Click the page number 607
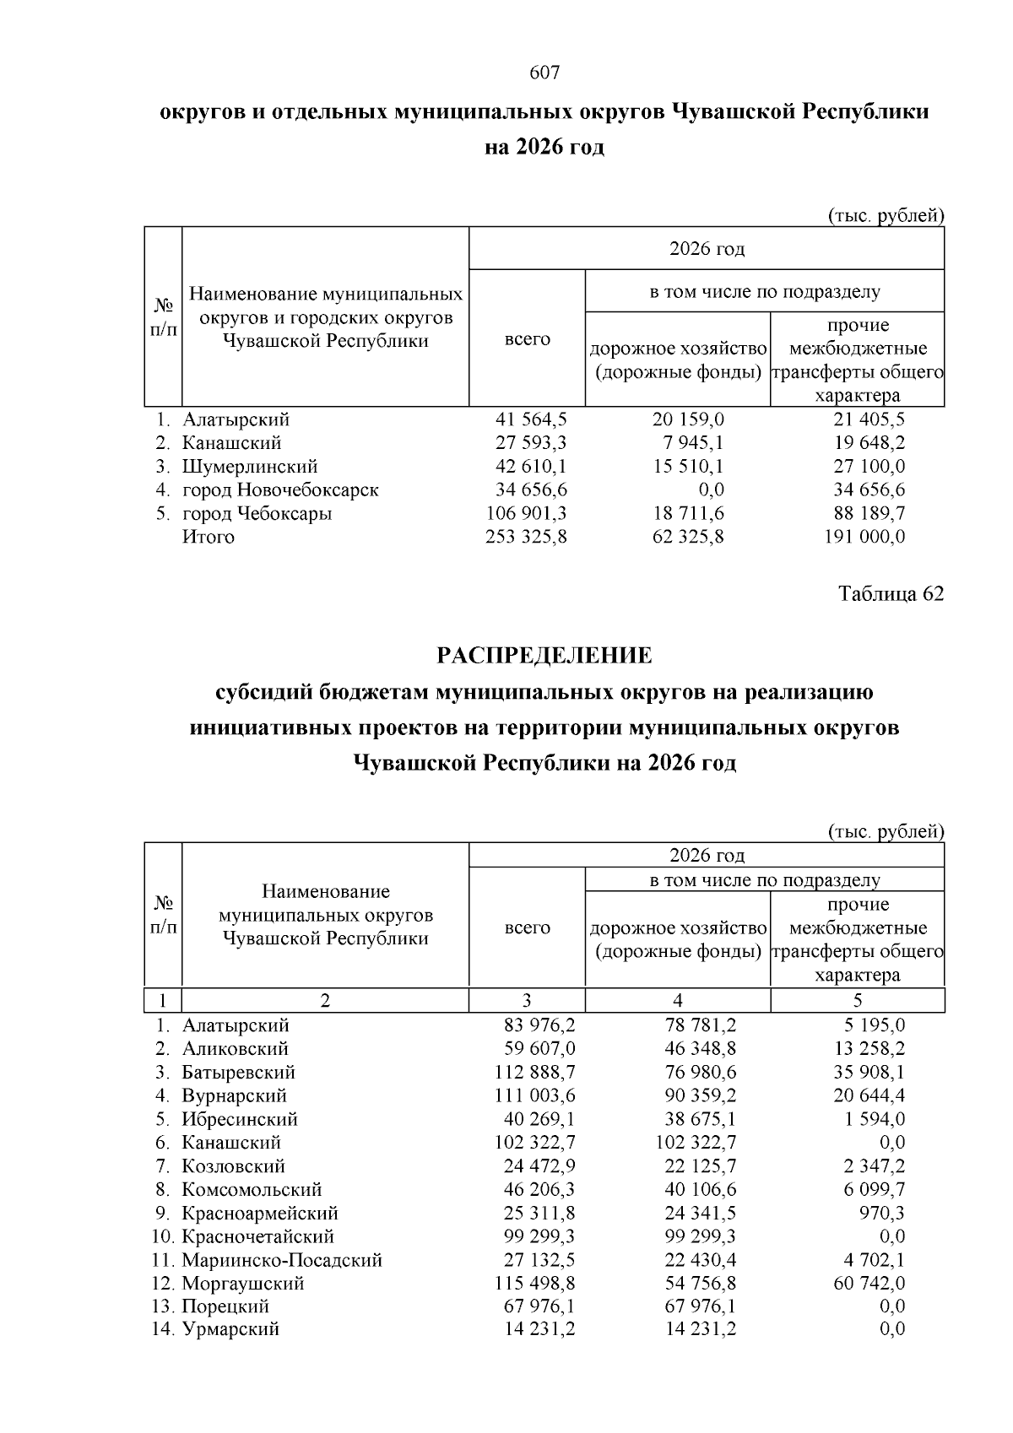click(x=544, y=73)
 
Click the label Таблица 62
click(x=891, y=594)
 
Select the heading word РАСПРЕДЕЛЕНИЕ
click(x=544, y=656)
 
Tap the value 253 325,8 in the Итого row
click(x=526, y=537)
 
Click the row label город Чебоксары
click(x=257, y=513)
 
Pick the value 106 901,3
click(x=526, y=513)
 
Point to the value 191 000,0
click(x=864, y=537)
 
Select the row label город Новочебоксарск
click(x=280, y=489)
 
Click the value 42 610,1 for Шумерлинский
click(x=531, y=466)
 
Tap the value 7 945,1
click(x=694, y=442)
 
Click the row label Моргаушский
click(x=243, y=1284)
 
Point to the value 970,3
click(x=881, y=1213)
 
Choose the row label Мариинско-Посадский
click(x=282, y=1260)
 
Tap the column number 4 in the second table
click(x=678, y=1001)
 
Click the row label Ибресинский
click(x=240, y=1120)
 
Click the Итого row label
click(x=209, y=537)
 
